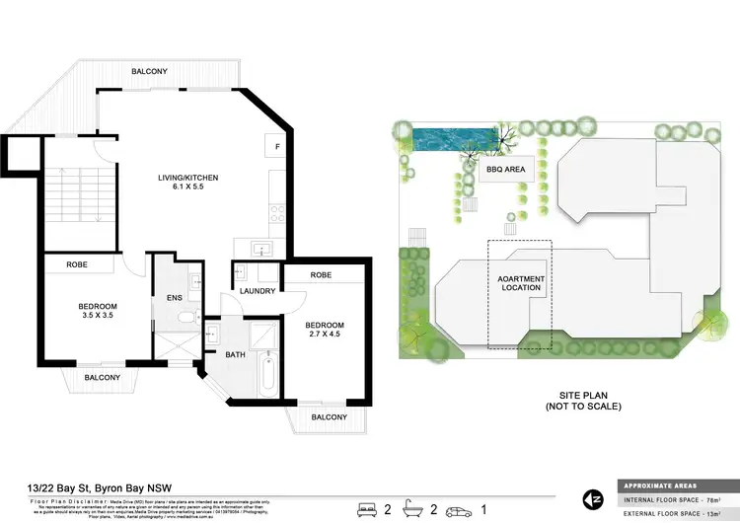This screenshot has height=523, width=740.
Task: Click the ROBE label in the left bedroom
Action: tap(78, 264)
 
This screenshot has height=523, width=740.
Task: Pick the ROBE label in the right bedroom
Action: tap(320, 275)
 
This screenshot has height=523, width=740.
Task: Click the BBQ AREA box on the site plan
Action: tap(505, 170)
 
